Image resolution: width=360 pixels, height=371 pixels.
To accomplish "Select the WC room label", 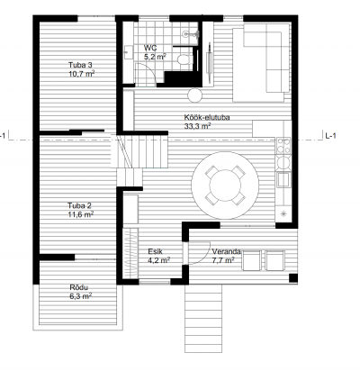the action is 150,48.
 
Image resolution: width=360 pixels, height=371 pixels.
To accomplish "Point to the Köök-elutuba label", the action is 207,117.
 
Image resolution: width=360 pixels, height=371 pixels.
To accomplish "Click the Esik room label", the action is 156,251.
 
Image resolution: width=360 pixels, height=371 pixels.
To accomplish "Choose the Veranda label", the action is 226,251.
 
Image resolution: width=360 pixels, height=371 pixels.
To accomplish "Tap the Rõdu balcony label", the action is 78,287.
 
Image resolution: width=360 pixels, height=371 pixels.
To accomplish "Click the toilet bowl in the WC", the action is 184,59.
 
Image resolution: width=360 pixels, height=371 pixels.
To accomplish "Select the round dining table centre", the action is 225,185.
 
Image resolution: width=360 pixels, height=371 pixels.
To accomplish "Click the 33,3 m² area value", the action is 197,126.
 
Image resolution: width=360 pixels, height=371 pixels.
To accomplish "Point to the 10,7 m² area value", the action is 82,74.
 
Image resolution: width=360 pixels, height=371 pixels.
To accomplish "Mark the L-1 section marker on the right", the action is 330,136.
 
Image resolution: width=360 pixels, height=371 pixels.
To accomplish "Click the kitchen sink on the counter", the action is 283,179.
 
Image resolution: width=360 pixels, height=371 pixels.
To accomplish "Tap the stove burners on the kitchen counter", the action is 283,146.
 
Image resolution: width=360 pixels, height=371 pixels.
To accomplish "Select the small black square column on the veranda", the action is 293,278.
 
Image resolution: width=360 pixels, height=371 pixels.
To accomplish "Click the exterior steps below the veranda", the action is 203,318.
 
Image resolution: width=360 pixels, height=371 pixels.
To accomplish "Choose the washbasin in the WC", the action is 129,52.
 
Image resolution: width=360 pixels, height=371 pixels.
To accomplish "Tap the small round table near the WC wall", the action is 195,95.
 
